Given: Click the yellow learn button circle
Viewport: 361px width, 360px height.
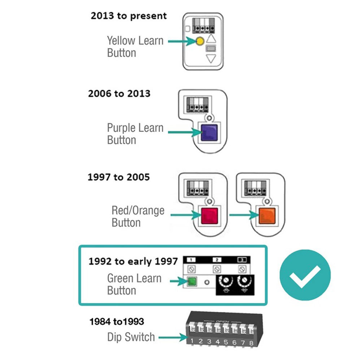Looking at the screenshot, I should pyautogui.click(x=199, y=42).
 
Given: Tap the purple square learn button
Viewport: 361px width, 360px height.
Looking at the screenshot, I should pyautogui.click(x=208, y=132).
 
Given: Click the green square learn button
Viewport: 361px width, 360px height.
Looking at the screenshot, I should pyautogui.click(x=191, y=282).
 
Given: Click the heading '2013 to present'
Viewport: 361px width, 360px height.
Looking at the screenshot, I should pyautogui.click(x=129, y=16).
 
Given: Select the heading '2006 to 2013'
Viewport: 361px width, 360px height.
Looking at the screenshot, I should pyautogui.click(x=119, y=94).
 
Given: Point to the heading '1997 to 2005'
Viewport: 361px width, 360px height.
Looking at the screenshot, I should pyautogui.click(x=118, y=177).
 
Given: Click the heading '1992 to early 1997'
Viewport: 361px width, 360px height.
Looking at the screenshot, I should pyautogui.click(x=133, y=261).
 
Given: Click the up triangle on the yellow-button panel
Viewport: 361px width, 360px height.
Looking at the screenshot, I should pyautogui.click(x=211, y=39).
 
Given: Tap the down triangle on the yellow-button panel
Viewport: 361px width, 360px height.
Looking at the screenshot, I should pyautogui.click(x=211, y=59).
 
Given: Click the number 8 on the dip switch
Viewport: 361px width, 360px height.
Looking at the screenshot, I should pyautogui.click(x=251, y=342).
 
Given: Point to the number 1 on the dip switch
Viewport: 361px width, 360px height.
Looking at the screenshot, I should pyautogui.click(x=192, y=340).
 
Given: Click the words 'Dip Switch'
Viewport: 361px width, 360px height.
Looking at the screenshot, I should pyautogui.click(x=131, y=337).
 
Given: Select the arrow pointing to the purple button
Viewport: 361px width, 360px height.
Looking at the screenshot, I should pyautogui.click(x=184, y=132).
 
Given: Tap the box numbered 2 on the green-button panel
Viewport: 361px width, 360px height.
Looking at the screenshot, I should pyautogui.click(x=217, y=260).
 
